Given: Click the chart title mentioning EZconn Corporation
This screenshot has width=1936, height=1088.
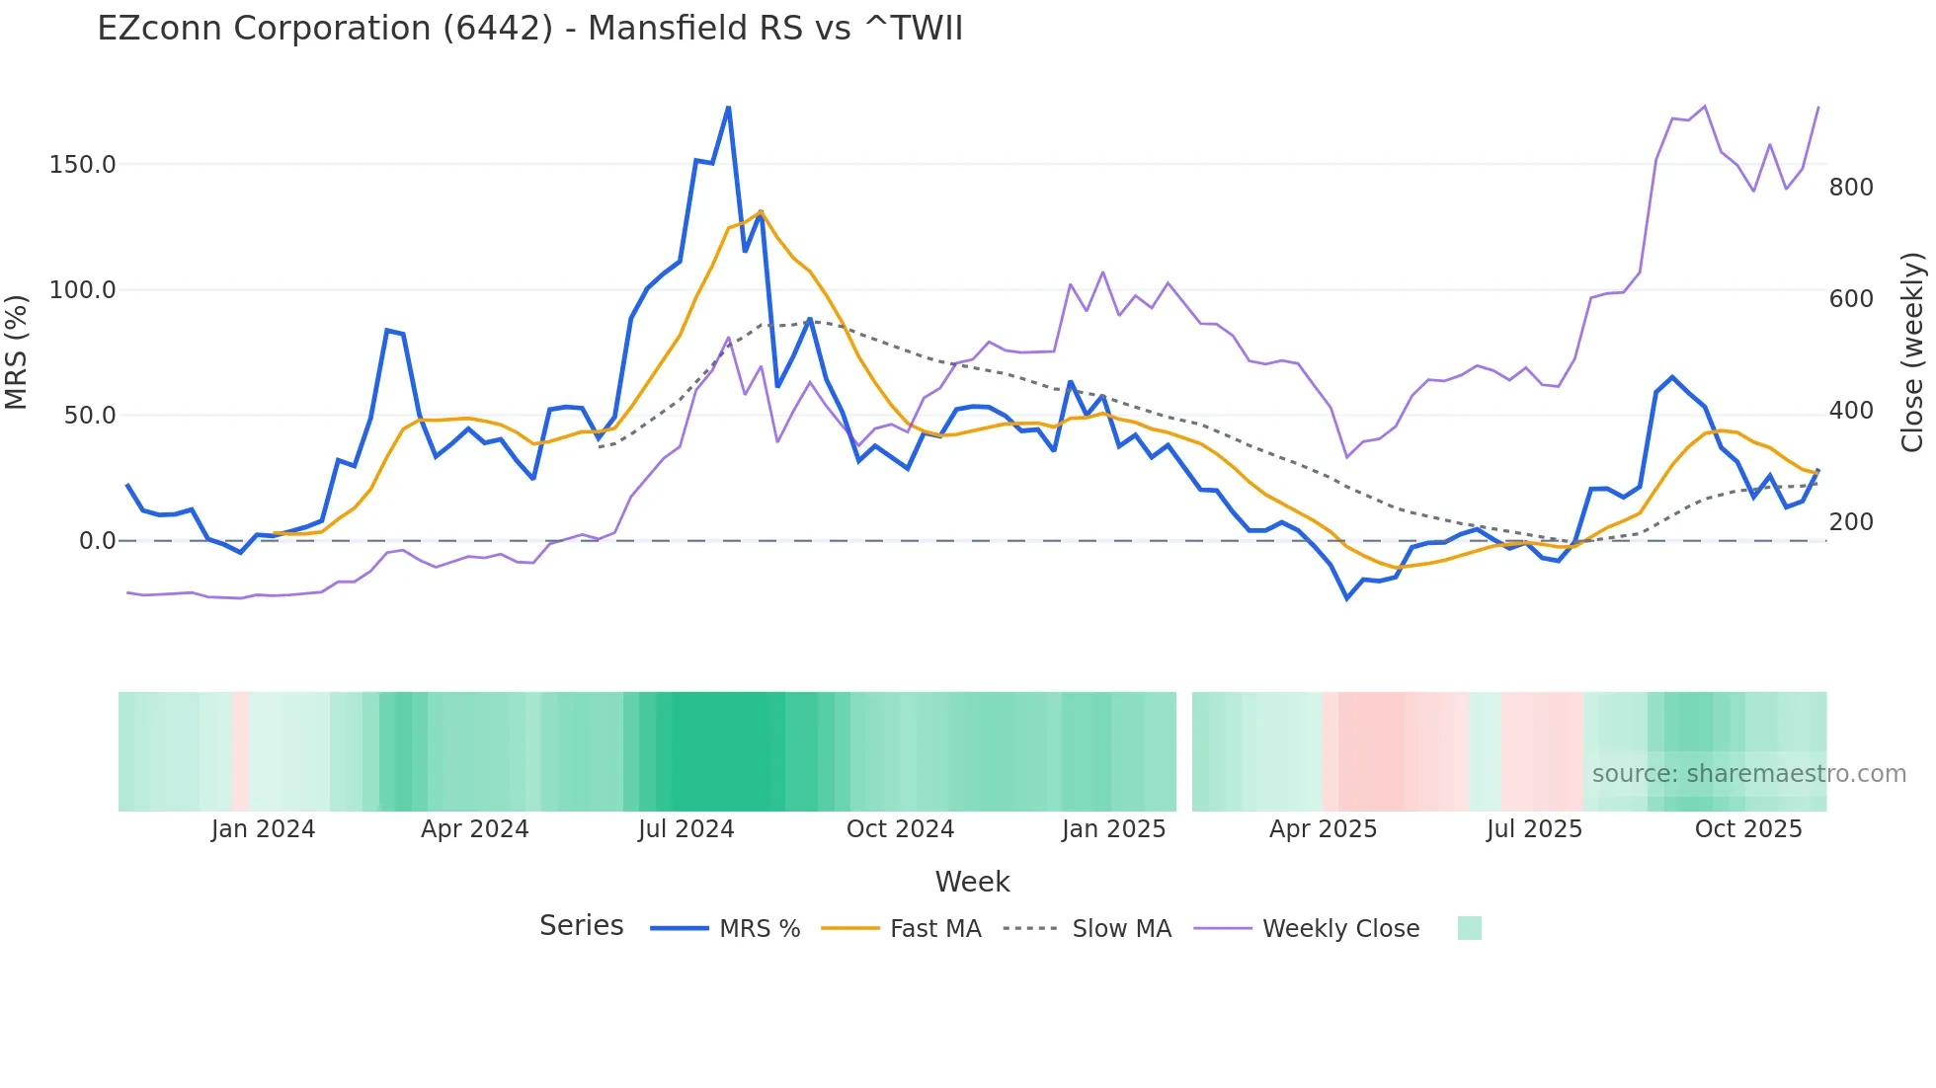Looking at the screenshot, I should click(x=529, y=29).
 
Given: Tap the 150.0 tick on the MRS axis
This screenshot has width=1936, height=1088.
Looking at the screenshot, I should click(x=83, y=165).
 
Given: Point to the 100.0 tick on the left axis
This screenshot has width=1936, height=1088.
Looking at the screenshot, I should click(x=83, y=290).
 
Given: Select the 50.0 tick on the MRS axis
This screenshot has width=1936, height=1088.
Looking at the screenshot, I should click(x=90, y=416).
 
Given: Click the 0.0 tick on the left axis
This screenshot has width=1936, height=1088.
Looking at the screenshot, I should click(x=97, y=541).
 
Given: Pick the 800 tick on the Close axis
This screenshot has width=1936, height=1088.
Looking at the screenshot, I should click(x=1851, y=188).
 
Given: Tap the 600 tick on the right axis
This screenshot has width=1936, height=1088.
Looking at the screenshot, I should click(x=1851, y=299).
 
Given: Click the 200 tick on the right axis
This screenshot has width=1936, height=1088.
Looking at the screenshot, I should click(x=1851, y=522).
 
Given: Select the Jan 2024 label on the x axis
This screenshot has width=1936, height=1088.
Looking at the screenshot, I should click(x=263, y=829).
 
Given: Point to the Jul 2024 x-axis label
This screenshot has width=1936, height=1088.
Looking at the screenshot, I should click(x=686, y=829).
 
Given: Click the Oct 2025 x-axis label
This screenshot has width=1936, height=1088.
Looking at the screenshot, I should click(x=1748, y=829).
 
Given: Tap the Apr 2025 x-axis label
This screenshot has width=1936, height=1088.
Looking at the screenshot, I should click(x=1323, y=829).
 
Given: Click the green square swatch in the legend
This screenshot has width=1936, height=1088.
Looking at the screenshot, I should click(x=1469, y=928).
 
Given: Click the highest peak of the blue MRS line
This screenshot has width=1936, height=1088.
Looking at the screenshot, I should click(x=728, y=108).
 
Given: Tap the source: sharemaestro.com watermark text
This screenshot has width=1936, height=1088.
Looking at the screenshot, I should click(x=1748, y=774).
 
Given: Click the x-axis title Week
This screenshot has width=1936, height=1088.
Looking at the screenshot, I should click(x=972, y=882).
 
